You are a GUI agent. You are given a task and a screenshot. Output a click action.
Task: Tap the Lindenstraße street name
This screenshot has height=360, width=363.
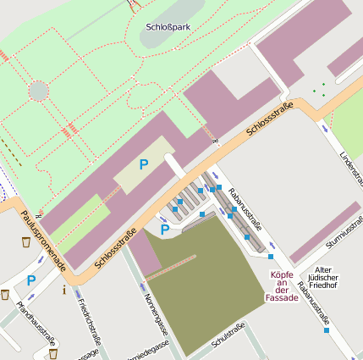(349, 166)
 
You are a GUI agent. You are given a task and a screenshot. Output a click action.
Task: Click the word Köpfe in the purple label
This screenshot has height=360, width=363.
(282, 274)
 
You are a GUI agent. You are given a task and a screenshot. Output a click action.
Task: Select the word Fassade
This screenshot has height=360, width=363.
(282, 297)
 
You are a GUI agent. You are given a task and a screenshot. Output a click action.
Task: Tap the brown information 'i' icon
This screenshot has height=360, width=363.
(64, 291)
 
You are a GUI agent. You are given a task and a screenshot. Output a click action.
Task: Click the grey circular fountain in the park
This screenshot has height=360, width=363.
(38, 91)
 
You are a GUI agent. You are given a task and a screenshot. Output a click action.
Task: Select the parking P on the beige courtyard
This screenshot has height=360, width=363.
(144, 164)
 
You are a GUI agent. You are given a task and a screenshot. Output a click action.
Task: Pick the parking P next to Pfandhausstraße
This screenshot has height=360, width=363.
(30, 280)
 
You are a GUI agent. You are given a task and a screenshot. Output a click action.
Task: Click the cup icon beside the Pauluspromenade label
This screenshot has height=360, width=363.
(26, 242)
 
